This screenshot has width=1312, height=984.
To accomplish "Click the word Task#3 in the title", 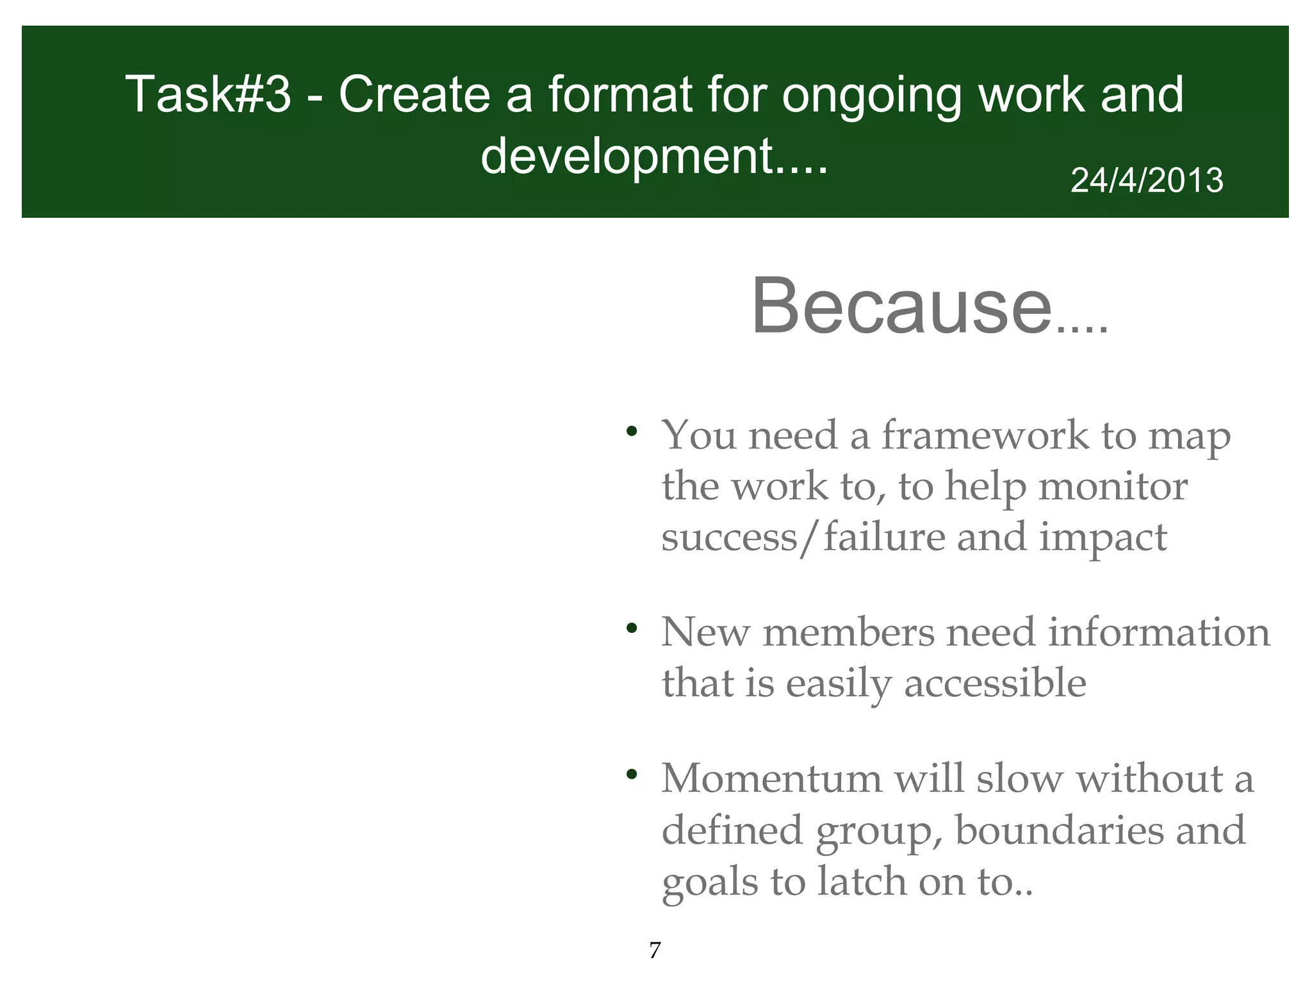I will tap(208, 95).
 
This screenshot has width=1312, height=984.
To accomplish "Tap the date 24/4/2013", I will tap(1147, 181).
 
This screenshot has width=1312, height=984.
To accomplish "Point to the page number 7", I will tap(654, 950).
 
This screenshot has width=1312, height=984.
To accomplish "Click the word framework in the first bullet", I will tap(985, 436).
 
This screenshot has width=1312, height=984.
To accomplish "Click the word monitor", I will tap(1113, 486).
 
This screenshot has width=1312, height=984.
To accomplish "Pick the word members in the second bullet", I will tap(848, 632).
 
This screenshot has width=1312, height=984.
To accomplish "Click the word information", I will tap(1158, 632).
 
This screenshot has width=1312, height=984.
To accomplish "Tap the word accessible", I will tap(995, 683).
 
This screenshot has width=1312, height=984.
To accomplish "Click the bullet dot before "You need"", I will tap(632, 430).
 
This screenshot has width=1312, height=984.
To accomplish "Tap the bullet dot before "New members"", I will tap(632, 628).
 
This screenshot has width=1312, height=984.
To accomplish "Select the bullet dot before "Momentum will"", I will tap(632, 775).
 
